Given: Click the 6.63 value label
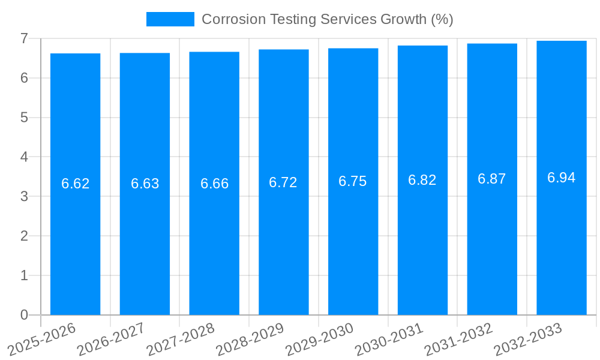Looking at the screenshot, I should [x=145, y=184].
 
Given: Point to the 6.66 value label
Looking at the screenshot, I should [x=214, y=184].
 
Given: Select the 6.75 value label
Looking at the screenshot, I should [x=353, y=181].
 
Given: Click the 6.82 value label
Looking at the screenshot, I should [x=422, y=180].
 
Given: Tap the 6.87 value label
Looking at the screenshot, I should [x=492, y=179].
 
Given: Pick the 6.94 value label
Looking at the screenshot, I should [x=562, y=178].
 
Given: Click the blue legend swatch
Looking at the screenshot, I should [x=170, y=19].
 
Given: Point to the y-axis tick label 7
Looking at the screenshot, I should [x=24, y=38].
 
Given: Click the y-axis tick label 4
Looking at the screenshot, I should [x=24, y=157].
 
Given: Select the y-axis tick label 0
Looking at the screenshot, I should [x=24, y=315].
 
